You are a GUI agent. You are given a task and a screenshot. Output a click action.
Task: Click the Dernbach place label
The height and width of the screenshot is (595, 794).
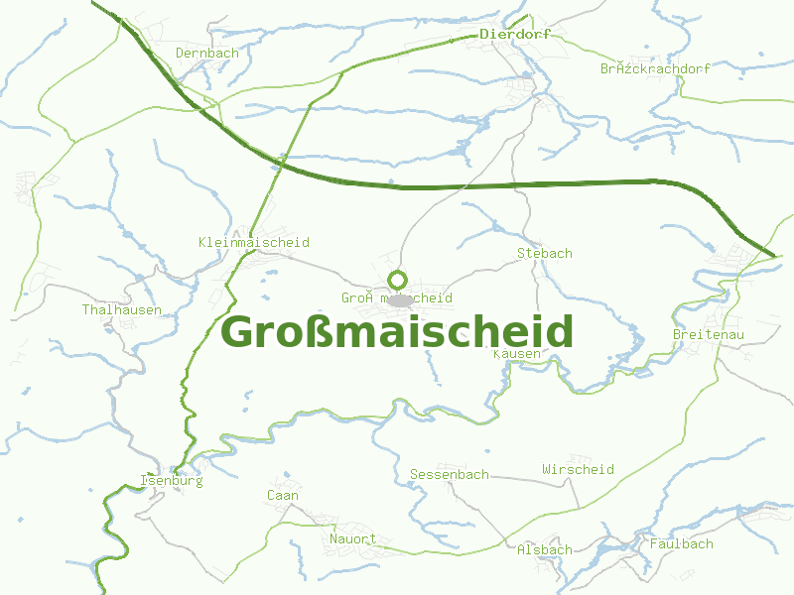point(206,53)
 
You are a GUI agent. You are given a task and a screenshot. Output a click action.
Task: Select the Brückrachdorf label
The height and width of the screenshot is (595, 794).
point(656,68)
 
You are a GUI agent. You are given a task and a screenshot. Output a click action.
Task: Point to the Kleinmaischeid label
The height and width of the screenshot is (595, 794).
point(254,242)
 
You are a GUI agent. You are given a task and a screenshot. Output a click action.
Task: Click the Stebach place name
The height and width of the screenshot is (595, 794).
point(545,253)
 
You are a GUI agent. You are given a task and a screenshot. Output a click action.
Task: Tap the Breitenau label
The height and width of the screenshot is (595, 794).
point(709,335)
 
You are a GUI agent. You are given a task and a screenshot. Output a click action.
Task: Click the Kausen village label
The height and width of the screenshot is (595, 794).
point(517,353)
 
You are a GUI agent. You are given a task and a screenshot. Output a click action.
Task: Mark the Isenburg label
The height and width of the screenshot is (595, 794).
point(172,481)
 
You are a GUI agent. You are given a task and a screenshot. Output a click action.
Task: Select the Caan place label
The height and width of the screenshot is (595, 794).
point(283,495)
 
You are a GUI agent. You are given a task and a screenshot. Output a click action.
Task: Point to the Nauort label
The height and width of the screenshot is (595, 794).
point(353,539)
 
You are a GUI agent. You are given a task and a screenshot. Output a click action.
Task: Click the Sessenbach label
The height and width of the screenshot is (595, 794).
point(450,474)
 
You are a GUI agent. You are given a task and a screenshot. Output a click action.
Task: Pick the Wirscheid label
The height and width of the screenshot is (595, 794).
point(579,469)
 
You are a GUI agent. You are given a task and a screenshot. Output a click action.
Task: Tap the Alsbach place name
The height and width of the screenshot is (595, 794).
point(545,549)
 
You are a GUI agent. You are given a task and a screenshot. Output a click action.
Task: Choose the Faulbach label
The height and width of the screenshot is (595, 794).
point(682,543)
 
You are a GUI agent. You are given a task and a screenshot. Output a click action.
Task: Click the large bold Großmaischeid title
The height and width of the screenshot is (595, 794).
point(397,331)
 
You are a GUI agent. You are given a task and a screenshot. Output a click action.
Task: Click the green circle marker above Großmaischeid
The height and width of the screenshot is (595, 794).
point(398,279)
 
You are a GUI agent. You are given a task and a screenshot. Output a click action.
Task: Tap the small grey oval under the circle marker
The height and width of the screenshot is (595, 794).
point(400,299)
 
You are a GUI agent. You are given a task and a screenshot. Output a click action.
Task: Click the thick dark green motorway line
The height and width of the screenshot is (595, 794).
point(516,183)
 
